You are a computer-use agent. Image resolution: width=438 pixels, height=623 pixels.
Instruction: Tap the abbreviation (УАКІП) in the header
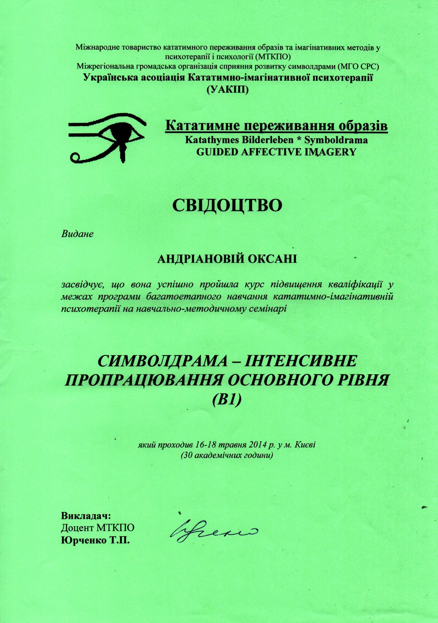click(227, 89)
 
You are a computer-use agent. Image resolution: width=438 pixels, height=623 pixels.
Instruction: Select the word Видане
click(77, 234)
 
